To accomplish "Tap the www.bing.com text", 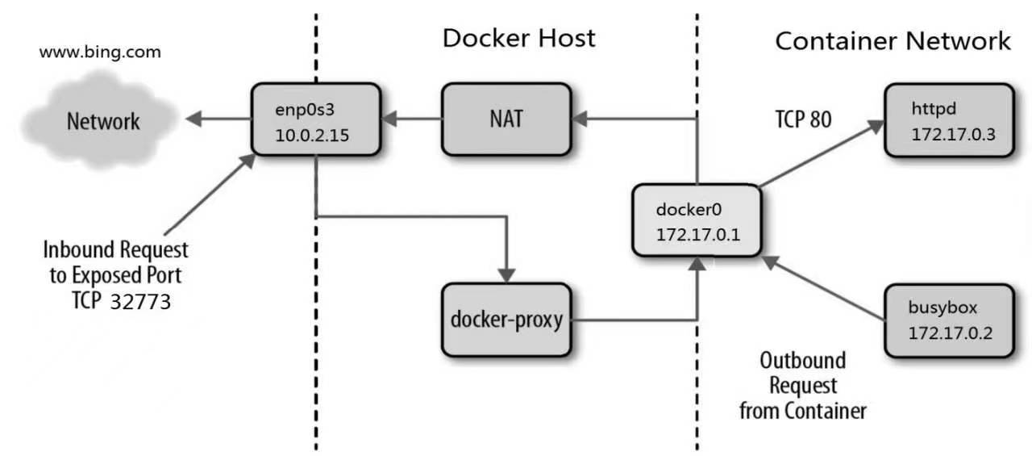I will (100, 52).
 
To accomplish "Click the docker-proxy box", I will (506, 320).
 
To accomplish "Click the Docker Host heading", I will (518, 38).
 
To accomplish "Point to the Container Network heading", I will (893, 40).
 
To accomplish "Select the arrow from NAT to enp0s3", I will (411, 120).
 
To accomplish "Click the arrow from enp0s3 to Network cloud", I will (218, 120).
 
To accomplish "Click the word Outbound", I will (802, 360).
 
